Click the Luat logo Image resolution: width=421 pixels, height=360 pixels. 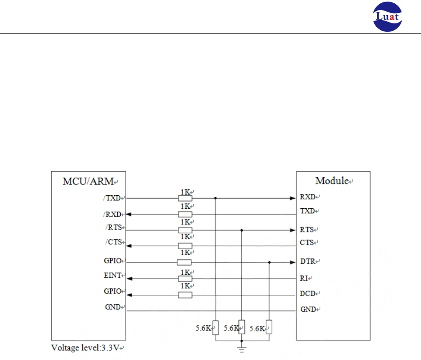pyautogui.click(x=388, y=17)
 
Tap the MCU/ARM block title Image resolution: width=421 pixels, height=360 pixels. pyautogui.click(x=88, y=181)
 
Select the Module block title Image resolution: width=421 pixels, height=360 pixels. pyautogui.click(x=332, y=181)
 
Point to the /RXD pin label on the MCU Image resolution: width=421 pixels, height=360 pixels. pyautogui.click(x=112, y=214)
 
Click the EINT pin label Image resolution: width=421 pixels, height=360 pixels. pyautogui.click(x=113, y=276)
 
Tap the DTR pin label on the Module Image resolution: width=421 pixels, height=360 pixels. pyautogui.click(x=308, y=261)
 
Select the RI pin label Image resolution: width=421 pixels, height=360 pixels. pyautogui.click(x=304, y=277)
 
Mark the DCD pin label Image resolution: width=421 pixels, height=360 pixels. pyautogui.click(x=308, y=293)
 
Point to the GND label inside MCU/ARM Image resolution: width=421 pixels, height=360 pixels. pyautogui.click(x=113, y=307)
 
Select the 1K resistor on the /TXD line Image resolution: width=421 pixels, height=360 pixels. pyautogui.click(x=185, y=198)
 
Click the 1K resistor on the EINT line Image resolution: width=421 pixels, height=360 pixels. pyautogui.click(x=185, y=279)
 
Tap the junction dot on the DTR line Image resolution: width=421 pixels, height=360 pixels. pyautogui.click(x=269, y=263)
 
